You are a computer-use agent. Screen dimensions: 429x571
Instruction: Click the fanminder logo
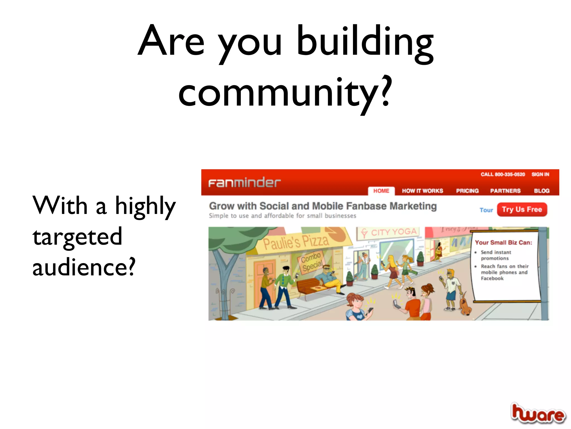(x=244, y=183)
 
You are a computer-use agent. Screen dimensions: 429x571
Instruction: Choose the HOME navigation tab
(x=381, y=191)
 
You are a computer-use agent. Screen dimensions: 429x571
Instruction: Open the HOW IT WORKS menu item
(x=422, y=191)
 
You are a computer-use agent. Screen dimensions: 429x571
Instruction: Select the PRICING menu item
(x=467, y=191)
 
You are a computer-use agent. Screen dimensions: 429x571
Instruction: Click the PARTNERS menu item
(x=505, y=191)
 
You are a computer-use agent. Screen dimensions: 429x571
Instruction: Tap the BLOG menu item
(x=541, y=191)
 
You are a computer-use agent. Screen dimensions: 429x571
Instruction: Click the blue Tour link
(x=486, y=210)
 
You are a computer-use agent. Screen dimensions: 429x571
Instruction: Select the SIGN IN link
(x=540, y=174)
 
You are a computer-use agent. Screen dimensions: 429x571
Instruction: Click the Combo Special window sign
(x=312, y=262)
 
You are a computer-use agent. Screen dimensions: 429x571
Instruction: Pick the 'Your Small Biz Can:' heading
(x=503, y=242)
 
